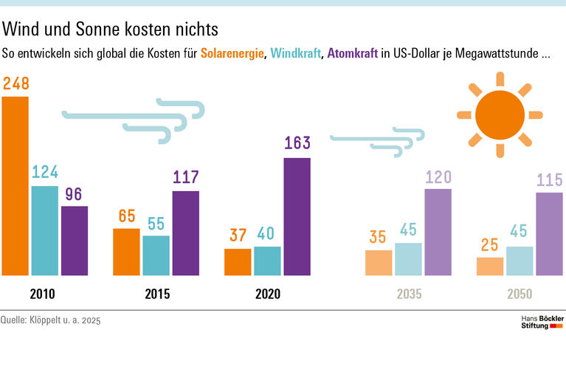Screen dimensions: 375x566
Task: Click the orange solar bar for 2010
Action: pos(15,186)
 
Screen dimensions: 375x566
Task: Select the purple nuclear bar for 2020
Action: pos(297,217)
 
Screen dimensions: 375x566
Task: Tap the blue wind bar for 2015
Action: pos(156,255)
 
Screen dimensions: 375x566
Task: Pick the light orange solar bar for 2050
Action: pos(490,266)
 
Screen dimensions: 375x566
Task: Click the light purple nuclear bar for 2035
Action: pos(438,232)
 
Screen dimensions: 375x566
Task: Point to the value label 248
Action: pos(16,84)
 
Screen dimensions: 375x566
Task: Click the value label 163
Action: pos(297,143)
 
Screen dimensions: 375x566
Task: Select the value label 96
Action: pos(74,194)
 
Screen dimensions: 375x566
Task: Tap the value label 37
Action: pos(238,235)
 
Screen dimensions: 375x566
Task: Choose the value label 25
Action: pos(490,244)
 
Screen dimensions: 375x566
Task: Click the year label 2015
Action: pos(157,294)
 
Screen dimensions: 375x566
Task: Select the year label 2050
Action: pos(520,294)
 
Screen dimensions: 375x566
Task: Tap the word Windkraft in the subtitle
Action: pos(294,54)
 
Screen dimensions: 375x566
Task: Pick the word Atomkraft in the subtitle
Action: pos(351,54)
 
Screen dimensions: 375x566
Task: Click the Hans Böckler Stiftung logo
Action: pos(542,322)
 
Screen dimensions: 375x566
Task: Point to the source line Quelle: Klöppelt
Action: pos(50,320)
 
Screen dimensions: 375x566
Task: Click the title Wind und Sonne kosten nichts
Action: pos(111,30)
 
